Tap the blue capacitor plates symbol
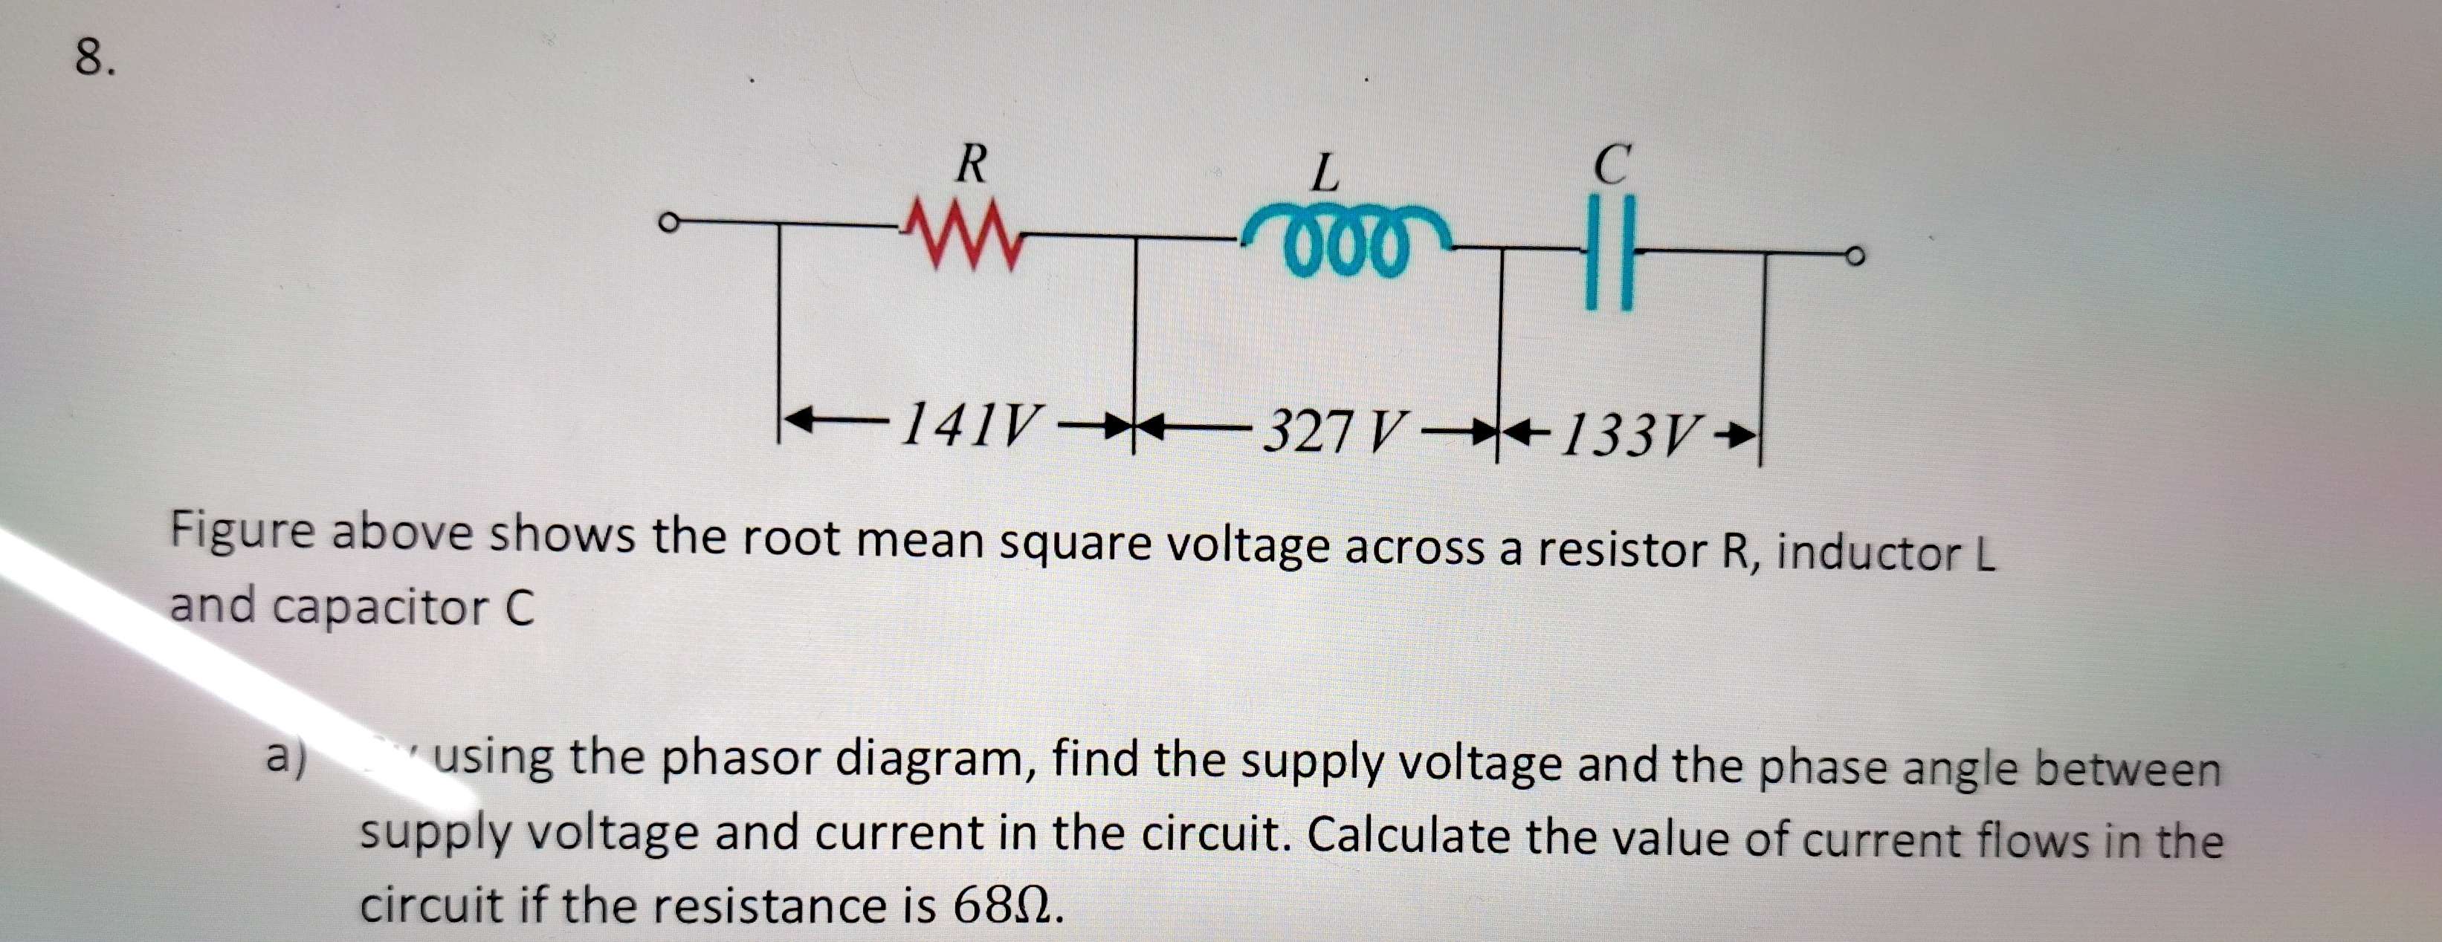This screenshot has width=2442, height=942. point(1609,255)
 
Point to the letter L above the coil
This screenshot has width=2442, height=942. point(1325,173)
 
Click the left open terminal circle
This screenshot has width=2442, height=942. point(669,224)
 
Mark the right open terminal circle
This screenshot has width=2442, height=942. point(1855,256)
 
